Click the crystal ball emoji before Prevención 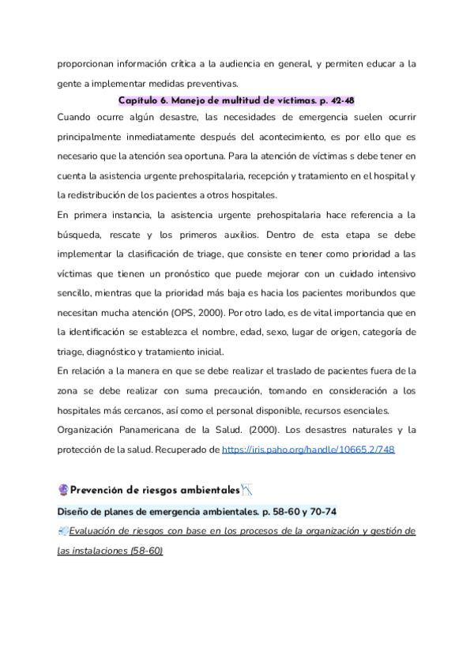click(x=63, y=490)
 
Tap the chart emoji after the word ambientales click(x=247, y=490)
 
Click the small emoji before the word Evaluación click(x=62, y=531)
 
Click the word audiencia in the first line click(x=228, y=63)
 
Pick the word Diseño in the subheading click(x=75, y=511)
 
